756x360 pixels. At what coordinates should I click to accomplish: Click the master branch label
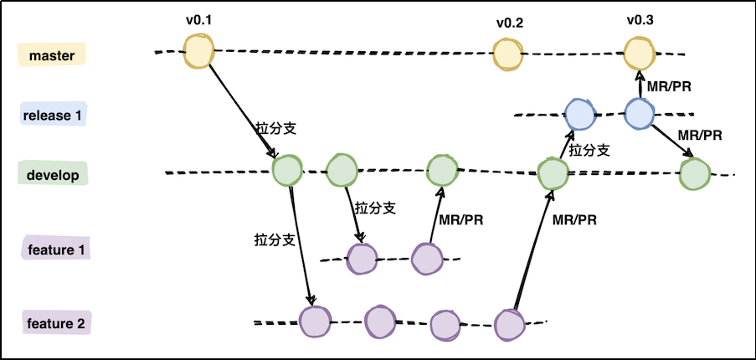click(x=52, y=55)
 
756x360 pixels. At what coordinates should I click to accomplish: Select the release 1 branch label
click(x=53, y=115)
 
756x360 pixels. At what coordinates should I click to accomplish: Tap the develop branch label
click(x=52, y=176)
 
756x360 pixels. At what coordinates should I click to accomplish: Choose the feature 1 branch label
click(x=57, y=249)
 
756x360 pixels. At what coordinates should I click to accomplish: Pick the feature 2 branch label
click(x=57, y=323)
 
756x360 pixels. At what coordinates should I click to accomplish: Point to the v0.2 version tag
click(x=509, y=23)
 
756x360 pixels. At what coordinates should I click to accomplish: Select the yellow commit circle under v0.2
click(x=507, y=55)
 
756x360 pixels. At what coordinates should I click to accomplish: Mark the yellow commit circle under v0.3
click(x=638, y=54)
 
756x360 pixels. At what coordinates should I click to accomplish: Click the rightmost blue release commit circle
click(x=639, y=112)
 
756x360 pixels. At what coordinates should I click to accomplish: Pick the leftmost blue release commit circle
click(x=579, y=113)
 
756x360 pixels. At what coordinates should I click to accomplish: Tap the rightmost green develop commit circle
click(x=695, y=174)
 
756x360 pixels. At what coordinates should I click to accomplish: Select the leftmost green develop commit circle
click(x=287, y=171)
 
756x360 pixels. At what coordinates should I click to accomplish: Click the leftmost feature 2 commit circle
click(x=315, y=321)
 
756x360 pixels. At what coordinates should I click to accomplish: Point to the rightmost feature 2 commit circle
click(x=509, y=325)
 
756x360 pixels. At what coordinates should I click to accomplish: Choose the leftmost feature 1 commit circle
click(x=363, y=259)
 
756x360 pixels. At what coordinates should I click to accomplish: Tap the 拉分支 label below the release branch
click(x=589, y=151)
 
